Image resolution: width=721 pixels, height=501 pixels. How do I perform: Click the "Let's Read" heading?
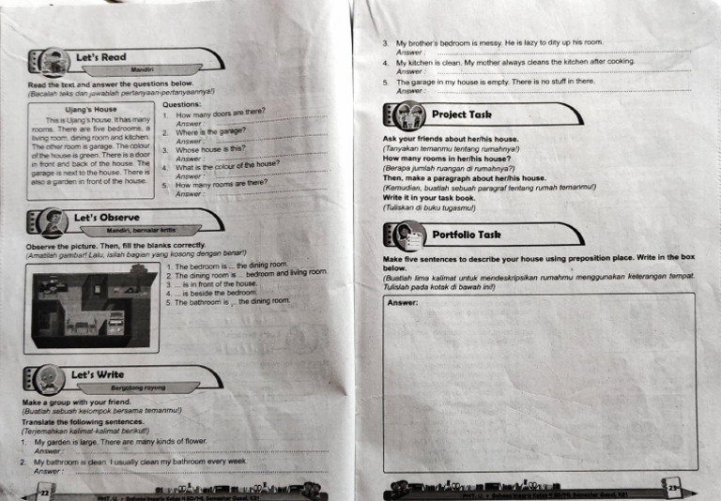[100, 57]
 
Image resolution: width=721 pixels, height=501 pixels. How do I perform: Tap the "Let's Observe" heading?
[106, 217]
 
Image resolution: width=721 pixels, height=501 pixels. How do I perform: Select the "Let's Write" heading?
[98, 375]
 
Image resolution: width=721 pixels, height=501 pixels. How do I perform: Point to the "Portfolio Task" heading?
[466, 235]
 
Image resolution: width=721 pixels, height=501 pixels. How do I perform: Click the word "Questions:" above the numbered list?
[182, 105]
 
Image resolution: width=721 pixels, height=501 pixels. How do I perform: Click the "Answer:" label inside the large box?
[403, 302]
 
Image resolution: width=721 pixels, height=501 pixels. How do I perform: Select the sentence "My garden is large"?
[119, 441]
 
